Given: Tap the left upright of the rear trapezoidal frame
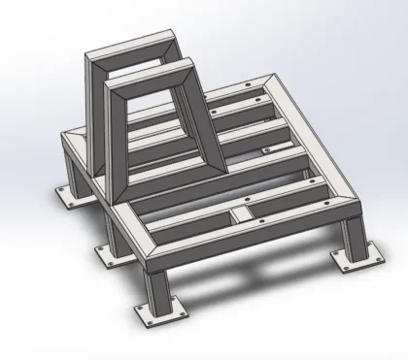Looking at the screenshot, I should [93, 107].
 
